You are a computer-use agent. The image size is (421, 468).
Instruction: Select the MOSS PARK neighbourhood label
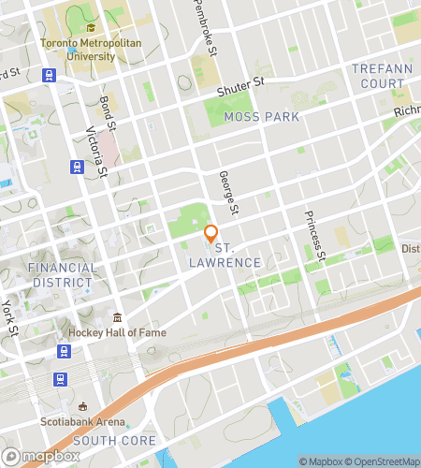[262, 117]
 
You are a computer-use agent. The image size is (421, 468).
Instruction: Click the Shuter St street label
[241, 86]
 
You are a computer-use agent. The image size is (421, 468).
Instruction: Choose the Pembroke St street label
[205, 25]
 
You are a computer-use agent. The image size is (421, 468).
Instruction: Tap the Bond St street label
[108, 112]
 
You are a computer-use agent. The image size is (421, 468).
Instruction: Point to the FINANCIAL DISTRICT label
[63, 274]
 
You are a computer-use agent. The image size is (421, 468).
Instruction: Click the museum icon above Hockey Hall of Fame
[117, 317]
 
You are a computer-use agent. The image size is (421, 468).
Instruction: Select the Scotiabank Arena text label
[83, 421]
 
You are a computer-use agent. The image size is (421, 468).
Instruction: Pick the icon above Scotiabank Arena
[83, 406]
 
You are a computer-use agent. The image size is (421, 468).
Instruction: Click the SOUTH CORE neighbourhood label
[114, 440]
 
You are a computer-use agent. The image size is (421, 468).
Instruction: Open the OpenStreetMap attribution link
[379, 461]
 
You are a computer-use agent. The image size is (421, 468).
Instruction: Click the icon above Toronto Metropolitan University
[91, 27]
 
